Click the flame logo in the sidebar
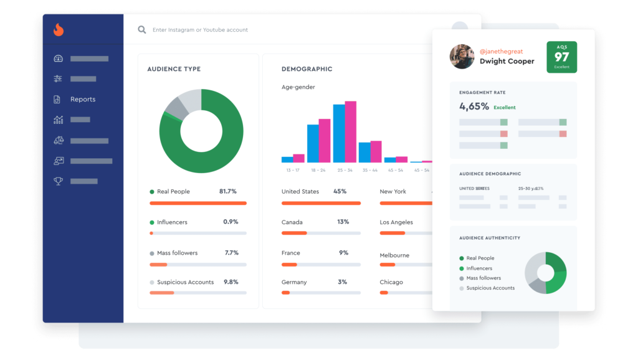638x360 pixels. [59, 29]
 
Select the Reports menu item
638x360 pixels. [82, 100]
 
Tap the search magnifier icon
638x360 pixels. [142, 30]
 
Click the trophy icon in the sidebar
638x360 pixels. [59, 181]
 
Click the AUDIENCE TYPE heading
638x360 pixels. [174, 69]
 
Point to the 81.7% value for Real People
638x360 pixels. [227, 192]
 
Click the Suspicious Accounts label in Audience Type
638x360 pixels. [185, 282]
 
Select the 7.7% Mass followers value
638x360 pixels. [231, 253]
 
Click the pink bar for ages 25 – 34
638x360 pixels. [350, 131]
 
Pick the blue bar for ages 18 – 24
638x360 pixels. [313, 143]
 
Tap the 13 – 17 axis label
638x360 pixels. [293, 170]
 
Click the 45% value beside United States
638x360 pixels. [340, 192]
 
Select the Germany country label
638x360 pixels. [294, 282]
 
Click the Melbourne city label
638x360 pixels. [394, 255]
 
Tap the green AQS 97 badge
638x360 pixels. [561, 57]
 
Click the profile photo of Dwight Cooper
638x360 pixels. [462, 57]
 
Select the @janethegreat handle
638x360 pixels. [502, 52]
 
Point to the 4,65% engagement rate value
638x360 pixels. [474, 107]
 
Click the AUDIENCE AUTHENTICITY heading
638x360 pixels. [490, 238]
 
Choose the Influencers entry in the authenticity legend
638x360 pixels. [479, 268]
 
